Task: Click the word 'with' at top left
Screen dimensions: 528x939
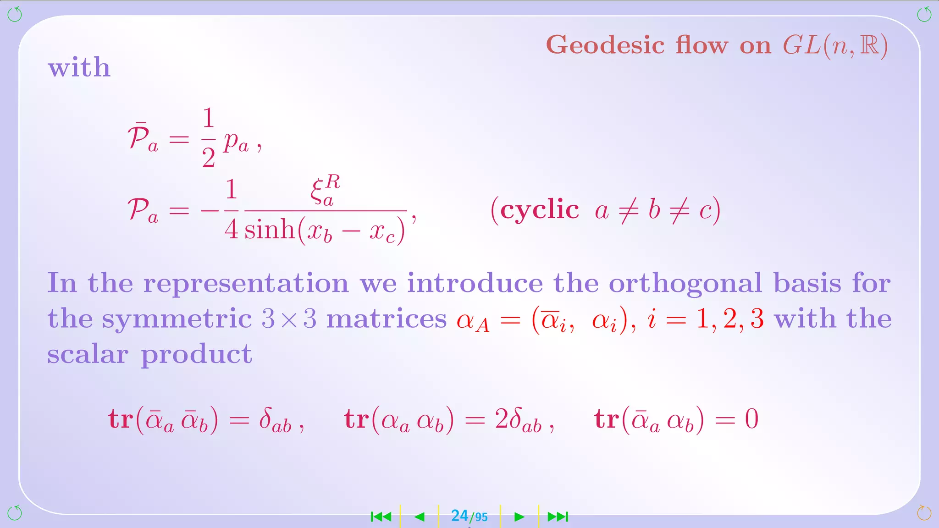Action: [x=79, y=67]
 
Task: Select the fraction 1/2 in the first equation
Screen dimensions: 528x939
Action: [x=208, y=137]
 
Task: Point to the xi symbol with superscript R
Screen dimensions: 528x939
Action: [x=325, y=190]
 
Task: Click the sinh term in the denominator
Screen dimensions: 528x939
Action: [x=270, y=229]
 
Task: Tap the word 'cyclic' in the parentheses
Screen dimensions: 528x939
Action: [x=540, y=211]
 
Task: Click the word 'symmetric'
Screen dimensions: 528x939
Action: [x=177, y=319]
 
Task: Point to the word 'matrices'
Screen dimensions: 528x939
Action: [x=386, y=319]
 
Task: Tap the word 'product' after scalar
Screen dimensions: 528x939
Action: [x=196, y=354]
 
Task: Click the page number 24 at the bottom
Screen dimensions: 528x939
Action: [x=459, y=516]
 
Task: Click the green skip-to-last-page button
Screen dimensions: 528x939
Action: [x=558, y=517]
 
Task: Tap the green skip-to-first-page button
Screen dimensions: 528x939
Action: [x=381, y=517]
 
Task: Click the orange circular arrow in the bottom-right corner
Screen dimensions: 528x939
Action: [x=924, y=513]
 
